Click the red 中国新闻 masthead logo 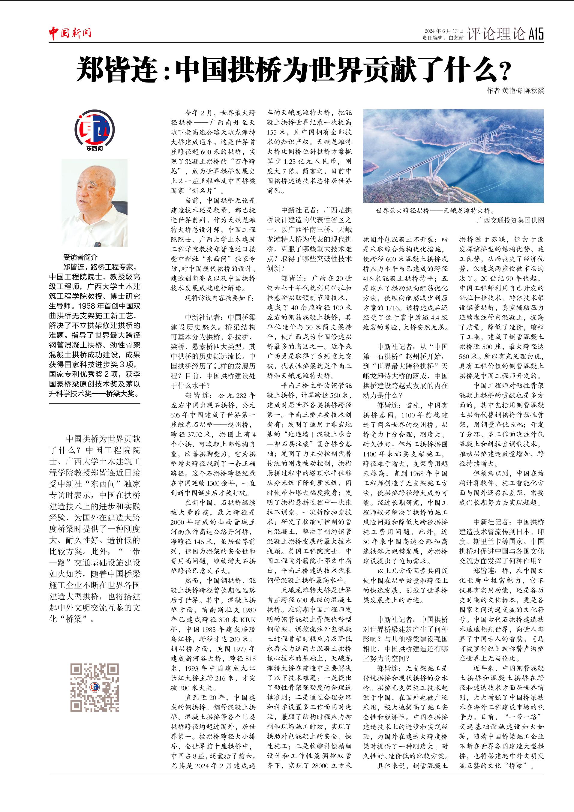tap(70, 33)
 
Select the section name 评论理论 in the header tap(496, 34)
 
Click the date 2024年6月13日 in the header tap(444, 31)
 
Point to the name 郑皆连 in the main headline tap(117, 70)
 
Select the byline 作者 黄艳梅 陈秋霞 tap(515, 91)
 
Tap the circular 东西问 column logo tap(95, 128)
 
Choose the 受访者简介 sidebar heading tap(80, 257)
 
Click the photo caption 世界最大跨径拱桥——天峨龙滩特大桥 tap(435, 211)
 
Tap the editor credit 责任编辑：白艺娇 tap(443, 38)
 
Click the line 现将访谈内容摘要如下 tap(219, 298)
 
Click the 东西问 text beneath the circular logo tap(95, 148)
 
